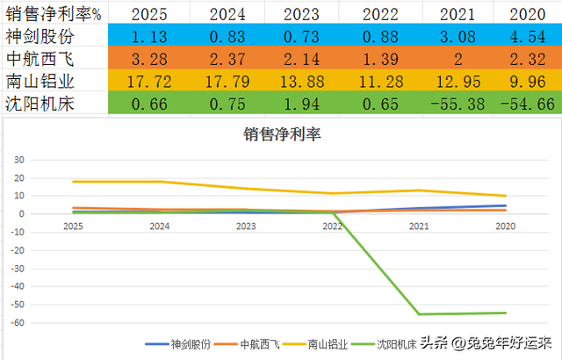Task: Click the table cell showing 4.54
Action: (527, 37)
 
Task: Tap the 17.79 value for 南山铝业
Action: (226, 81)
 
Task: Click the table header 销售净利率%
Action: (53, 14)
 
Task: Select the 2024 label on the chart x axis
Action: (159, 225)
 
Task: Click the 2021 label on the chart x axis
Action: (417, 225)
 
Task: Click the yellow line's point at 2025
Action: (74, 182)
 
